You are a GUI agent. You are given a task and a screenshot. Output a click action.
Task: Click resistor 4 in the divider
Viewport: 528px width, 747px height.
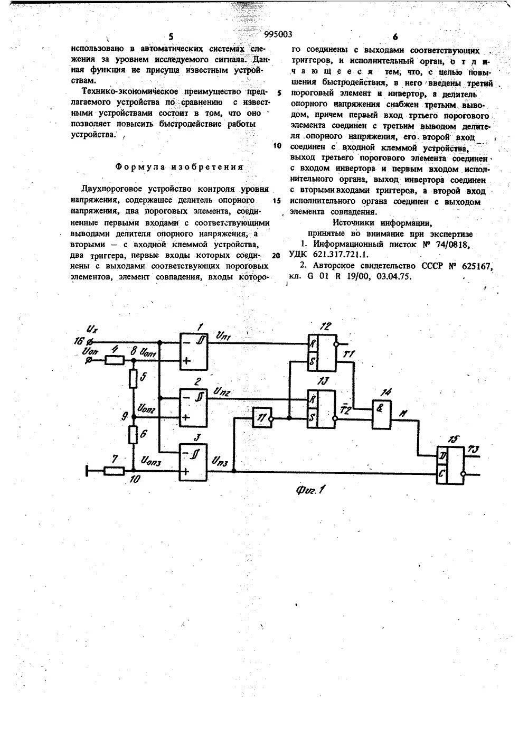[114, 360]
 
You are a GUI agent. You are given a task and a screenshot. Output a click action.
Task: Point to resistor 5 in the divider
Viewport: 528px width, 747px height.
[134, 378]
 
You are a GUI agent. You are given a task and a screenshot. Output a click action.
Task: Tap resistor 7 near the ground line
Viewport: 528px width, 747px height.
[114, 470]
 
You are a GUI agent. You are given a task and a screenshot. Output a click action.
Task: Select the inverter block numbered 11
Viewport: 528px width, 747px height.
[261, 418]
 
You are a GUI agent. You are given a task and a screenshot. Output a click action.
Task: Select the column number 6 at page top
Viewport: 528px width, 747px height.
[394, 37]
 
